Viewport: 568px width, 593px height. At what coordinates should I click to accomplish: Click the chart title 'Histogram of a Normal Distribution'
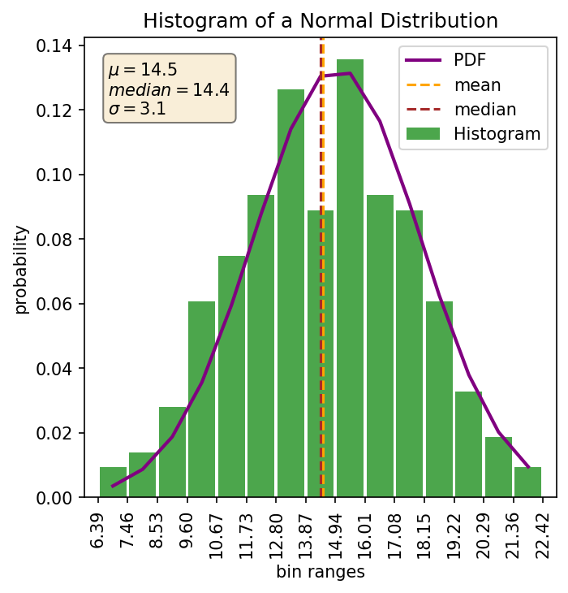[321, 20]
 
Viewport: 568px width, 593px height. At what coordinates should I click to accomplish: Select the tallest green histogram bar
[350, 276]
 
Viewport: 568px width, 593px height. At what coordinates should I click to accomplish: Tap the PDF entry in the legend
[470, 59]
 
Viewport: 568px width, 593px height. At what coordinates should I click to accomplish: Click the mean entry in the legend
[477, 84]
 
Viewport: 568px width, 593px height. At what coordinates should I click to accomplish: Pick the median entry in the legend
[484, 109]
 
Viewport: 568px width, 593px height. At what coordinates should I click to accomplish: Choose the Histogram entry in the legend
[497, 134]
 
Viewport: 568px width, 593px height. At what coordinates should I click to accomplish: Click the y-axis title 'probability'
[22, 269]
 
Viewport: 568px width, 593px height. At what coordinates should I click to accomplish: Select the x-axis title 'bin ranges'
[321, 572]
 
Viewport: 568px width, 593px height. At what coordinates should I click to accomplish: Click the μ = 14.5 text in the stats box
[143, 71]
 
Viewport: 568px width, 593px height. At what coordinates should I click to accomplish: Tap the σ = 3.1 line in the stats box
[137, 108]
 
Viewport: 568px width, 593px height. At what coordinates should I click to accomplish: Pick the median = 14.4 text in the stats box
[169, 89]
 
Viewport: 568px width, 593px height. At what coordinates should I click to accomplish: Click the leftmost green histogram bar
[113, 482]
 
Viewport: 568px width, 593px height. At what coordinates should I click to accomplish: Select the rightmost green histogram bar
[527, 482]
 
